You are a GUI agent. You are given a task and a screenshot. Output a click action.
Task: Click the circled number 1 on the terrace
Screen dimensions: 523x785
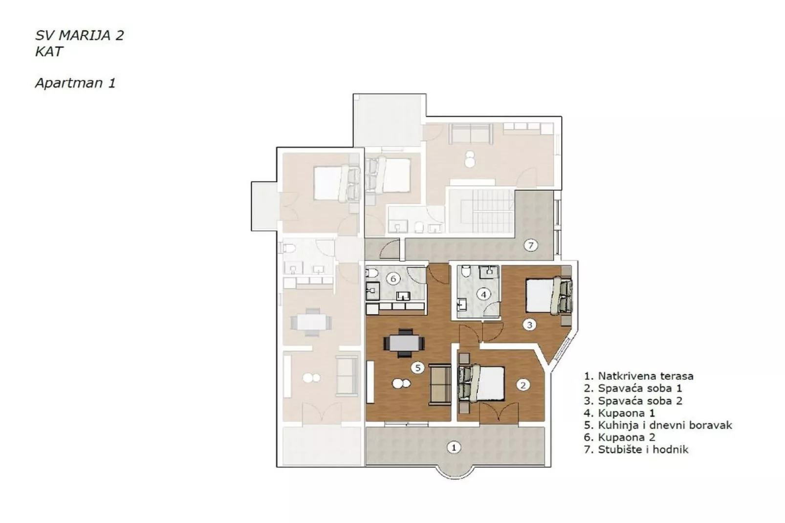[x=454, y=447]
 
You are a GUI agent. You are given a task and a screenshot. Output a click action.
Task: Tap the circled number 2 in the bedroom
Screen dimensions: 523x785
[x=523, y=385]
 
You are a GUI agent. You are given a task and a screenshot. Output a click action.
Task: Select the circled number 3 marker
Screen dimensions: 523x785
[x=529, y=324]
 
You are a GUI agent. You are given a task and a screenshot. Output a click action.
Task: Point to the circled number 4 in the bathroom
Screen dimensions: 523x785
[x=483, y=294]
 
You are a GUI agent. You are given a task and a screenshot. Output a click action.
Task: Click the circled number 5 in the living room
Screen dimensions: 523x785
[x=417, y=368]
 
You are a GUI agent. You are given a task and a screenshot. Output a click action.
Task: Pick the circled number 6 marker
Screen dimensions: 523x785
[x=393, y=279]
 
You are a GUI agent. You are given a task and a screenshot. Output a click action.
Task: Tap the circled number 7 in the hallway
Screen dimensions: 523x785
[x=531, y=245]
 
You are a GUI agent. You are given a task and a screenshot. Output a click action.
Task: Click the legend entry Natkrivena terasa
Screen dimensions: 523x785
[x=638, y=376]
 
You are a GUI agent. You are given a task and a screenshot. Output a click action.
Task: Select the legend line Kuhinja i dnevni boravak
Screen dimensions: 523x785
[x=658, y=425]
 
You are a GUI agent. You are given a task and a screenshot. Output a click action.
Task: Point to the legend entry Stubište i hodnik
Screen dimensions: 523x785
[x=636, y=450]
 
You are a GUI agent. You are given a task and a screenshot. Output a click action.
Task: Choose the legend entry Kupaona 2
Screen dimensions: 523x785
[x=619, y=437]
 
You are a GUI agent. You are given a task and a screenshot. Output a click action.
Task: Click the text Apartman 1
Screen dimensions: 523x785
[x=75, y=83]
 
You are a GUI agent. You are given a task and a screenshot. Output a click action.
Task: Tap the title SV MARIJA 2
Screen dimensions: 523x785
[x=79, y=35]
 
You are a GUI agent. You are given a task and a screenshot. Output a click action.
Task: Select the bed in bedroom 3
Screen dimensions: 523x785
[x=547, y=295]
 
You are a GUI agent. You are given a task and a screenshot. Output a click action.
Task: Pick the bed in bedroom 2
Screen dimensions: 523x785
[x=482, y=383]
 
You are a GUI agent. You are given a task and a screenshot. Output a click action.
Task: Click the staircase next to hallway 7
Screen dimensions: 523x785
[x=481, y=211]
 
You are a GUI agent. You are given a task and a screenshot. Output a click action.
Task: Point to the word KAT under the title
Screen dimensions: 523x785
[x=49, y=51]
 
